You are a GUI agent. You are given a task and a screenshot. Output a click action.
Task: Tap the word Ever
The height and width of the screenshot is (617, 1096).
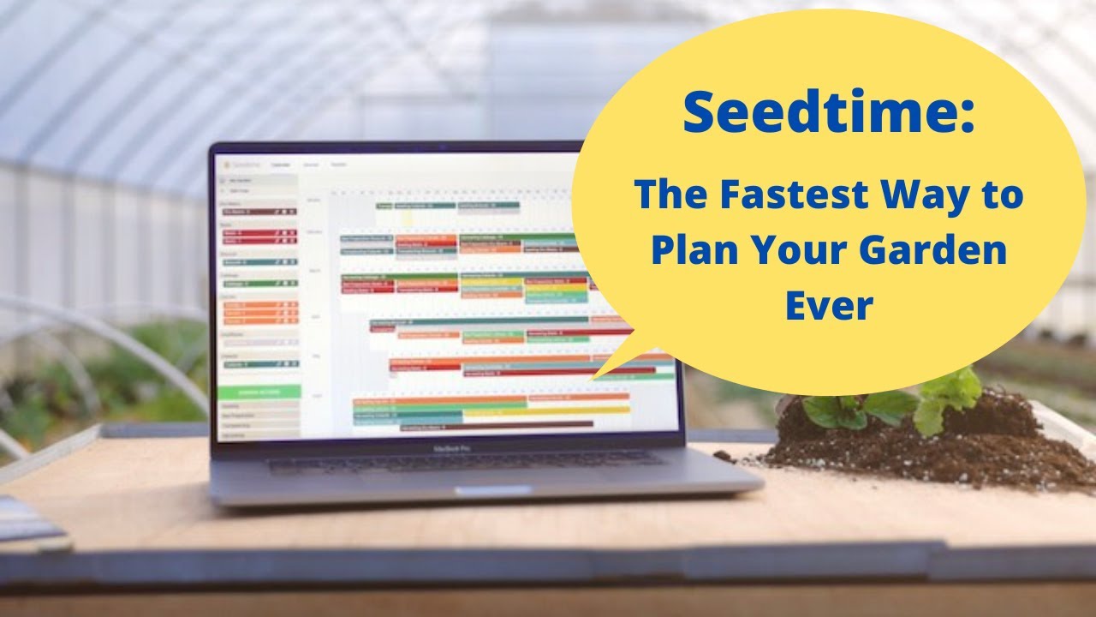[829, 306]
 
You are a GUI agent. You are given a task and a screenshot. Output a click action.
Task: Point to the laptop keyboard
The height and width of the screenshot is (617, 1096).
[462, 464]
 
